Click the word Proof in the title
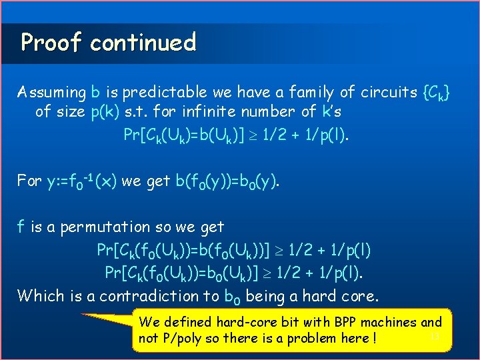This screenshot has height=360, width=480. click(51, 43)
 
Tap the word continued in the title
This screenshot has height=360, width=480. click(143, 43)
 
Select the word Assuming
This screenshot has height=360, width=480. click(51, 92)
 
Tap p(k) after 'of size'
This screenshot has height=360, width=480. click(104, 111)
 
